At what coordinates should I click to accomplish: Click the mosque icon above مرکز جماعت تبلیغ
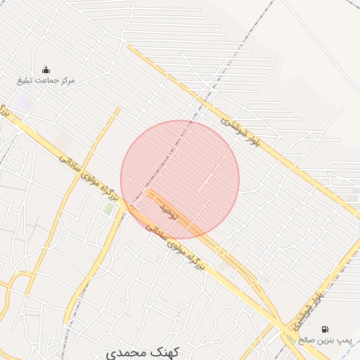[46, 69]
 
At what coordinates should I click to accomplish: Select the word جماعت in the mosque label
[46, 81]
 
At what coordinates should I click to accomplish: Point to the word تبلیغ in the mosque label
[27, 81]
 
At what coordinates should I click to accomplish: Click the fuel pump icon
[324, 328]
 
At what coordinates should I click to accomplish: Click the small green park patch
[109, 209]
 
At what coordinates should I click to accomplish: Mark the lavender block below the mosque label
[26, 103]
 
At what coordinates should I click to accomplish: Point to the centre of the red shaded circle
[180, 179]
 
